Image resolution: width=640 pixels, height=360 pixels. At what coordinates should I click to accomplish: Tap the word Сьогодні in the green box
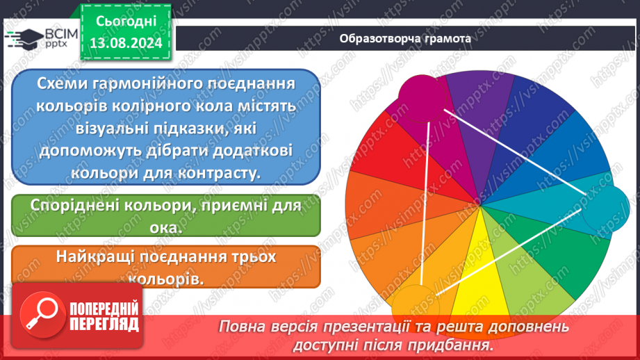[x=125, y=21]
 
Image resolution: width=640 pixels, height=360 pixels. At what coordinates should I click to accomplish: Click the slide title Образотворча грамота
[x=406, y=38]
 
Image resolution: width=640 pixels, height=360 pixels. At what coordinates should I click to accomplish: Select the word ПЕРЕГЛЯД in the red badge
[x=103, y=324]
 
